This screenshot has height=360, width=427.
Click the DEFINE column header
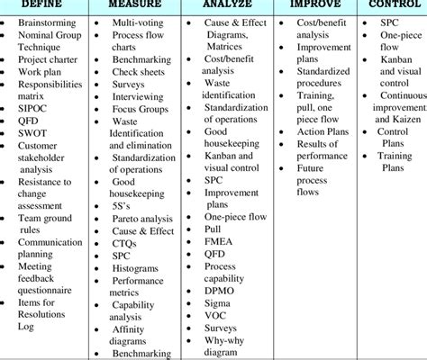click(x=45, y=5)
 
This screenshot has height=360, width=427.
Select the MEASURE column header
click(x=132, y=5)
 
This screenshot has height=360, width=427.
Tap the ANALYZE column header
click(x=222, y=5)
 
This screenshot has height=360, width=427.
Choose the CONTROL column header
click(x=389, y=5)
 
